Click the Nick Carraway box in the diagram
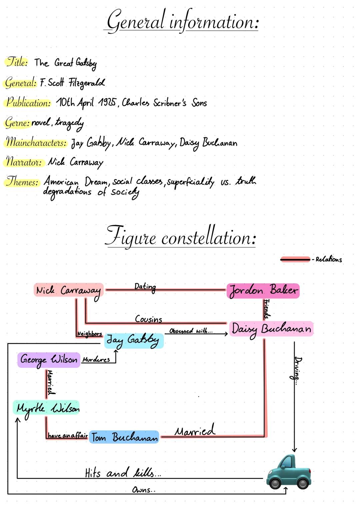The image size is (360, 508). point(69,290)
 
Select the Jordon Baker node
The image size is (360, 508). point(263,290)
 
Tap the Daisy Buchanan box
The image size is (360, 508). point(271,329)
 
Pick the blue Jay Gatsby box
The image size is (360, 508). point(134,340)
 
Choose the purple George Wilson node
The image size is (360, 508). point(49,360)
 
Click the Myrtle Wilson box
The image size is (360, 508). point(47,408)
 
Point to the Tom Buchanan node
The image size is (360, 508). point(124,437)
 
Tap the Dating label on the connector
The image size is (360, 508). point(145,286)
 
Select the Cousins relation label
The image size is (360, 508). point(148,319)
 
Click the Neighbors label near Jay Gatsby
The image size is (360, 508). point(89,333)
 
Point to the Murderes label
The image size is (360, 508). point(96,359)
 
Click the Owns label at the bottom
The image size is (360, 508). point(143,490)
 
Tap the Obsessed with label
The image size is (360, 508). point(190,331)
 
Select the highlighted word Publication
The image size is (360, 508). point(29,102)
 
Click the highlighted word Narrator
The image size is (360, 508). point(24,162)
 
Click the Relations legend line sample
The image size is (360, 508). point(295,259)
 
